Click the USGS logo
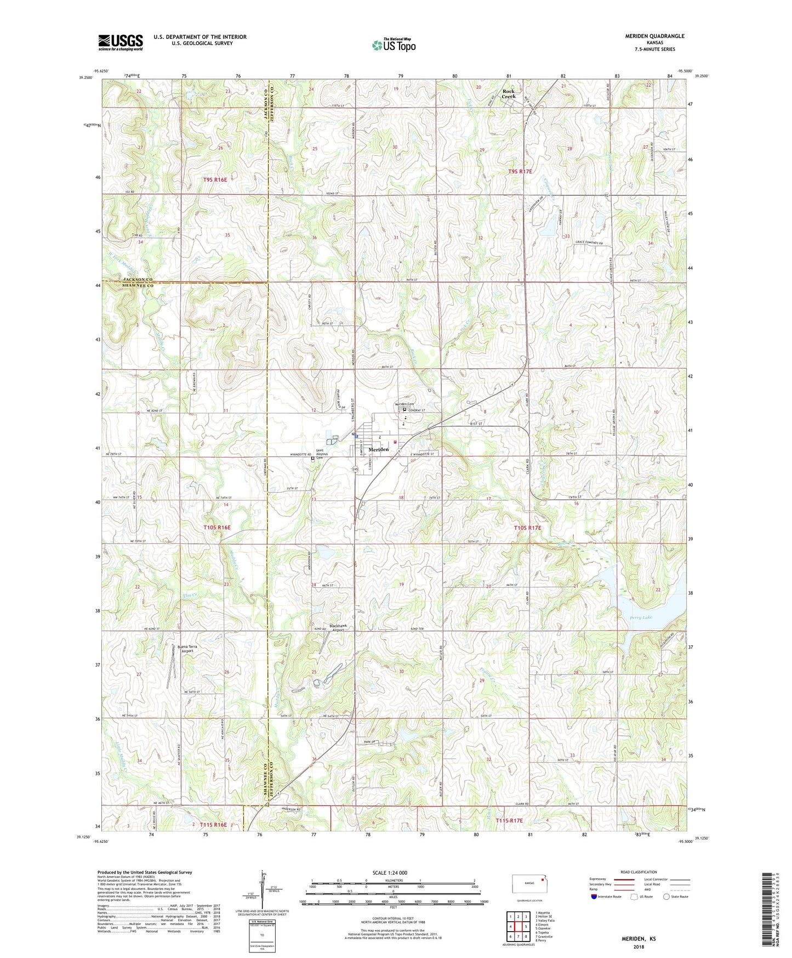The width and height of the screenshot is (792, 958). coord(120,42)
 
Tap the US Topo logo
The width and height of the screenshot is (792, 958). coord(393,45)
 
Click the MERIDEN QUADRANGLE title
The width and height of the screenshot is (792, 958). coord(654,36)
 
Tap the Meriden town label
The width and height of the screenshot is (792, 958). coord(379,449)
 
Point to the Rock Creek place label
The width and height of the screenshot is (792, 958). coord(509,94)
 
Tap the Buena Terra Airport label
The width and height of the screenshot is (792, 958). coord(186,649)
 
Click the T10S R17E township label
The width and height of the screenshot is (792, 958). coord(527,528)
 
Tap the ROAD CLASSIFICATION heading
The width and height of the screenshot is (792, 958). coord(639,872)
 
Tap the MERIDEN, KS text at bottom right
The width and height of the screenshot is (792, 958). coord(638,939)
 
